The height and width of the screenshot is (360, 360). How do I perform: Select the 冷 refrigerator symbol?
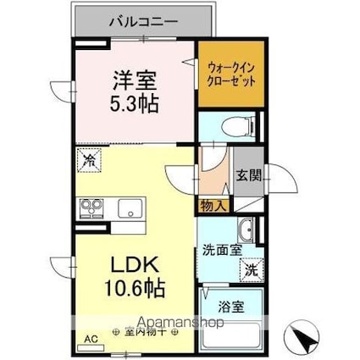click(x=88, y=158)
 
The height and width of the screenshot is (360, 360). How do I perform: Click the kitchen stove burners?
click(x=91, y=207)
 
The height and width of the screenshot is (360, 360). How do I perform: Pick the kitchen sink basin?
click(x=128, y=208)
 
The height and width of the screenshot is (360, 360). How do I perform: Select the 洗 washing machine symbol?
click(x=251, y=271)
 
